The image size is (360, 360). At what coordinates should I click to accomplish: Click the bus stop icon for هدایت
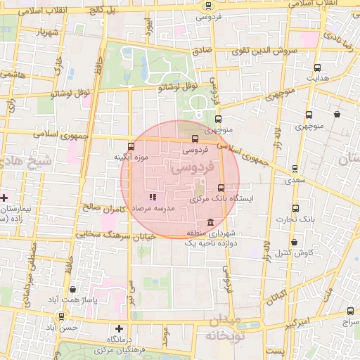tap(318, 68)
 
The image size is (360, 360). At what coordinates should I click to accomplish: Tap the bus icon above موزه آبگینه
tap(131, 147)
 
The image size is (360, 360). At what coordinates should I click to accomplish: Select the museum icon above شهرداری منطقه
tap(201, 223)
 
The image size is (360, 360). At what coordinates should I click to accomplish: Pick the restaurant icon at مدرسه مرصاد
tap(153, 198)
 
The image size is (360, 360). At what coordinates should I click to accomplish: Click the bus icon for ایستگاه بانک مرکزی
tap(221, 188)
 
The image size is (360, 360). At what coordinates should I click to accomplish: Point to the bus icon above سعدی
tap(295, 169)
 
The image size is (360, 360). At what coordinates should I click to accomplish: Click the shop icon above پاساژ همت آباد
tap(74, 288)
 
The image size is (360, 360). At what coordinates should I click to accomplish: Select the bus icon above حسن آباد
tap(62, 316)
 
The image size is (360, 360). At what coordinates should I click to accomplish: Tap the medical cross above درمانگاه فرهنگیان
tap(119, 328)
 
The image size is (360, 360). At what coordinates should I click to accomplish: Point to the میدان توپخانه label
tap(224, 328)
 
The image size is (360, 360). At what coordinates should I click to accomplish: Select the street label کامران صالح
tap(103, 208)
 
